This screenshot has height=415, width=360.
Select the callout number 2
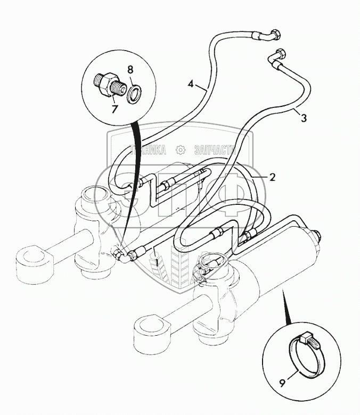(x=272, y=178)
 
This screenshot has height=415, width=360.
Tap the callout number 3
(x=304, y=119)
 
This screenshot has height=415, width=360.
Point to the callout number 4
(x=191, y=84)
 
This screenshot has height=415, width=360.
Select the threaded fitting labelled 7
(x=109, y=83)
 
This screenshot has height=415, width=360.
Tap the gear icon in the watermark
(x=180, y=151)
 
